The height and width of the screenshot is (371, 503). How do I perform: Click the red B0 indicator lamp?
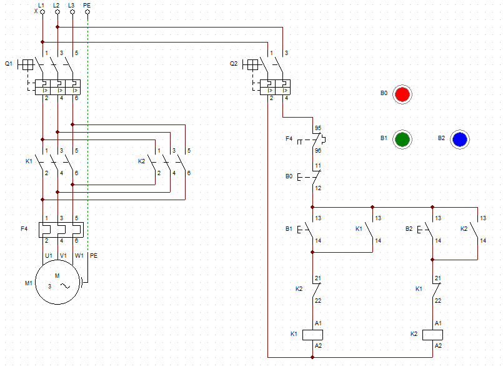402,94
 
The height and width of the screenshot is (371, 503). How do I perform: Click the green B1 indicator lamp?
402,140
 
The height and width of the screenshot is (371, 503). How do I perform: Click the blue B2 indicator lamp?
460,140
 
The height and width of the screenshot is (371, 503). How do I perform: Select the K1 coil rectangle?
313,335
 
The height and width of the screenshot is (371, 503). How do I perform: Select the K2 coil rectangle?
433,335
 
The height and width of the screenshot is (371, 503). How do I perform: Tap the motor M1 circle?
57,282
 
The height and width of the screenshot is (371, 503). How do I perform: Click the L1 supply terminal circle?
42,12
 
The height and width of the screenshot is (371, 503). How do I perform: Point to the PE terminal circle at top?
87,12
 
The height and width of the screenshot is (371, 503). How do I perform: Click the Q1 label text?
9,64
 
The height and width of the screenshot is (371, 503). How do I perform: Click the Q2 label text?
234,64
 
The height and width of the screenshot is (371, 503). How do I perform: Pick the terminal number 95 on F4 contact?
318,128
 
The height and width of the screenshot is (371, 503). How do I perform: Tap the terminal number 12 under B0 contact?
318,188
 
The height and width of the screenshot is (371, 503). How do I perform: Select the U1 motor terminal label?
49,256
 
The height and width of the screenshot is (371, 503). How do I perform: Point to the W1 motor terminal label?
79,256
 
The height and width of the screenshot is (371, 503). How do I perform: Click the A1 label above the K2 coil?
438,323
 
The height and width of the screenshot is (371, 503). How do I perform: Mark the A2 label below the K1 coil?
318,345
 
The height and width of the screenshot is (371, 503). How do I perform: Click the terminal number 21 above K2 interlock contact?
318,278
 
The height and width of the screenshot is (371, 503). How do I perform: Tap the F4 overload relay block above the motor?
61,230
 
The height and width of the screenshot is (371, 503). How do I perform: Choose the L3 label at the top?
71,5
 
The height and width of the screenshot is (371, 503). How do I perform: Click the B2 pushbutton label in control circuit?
409,229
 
